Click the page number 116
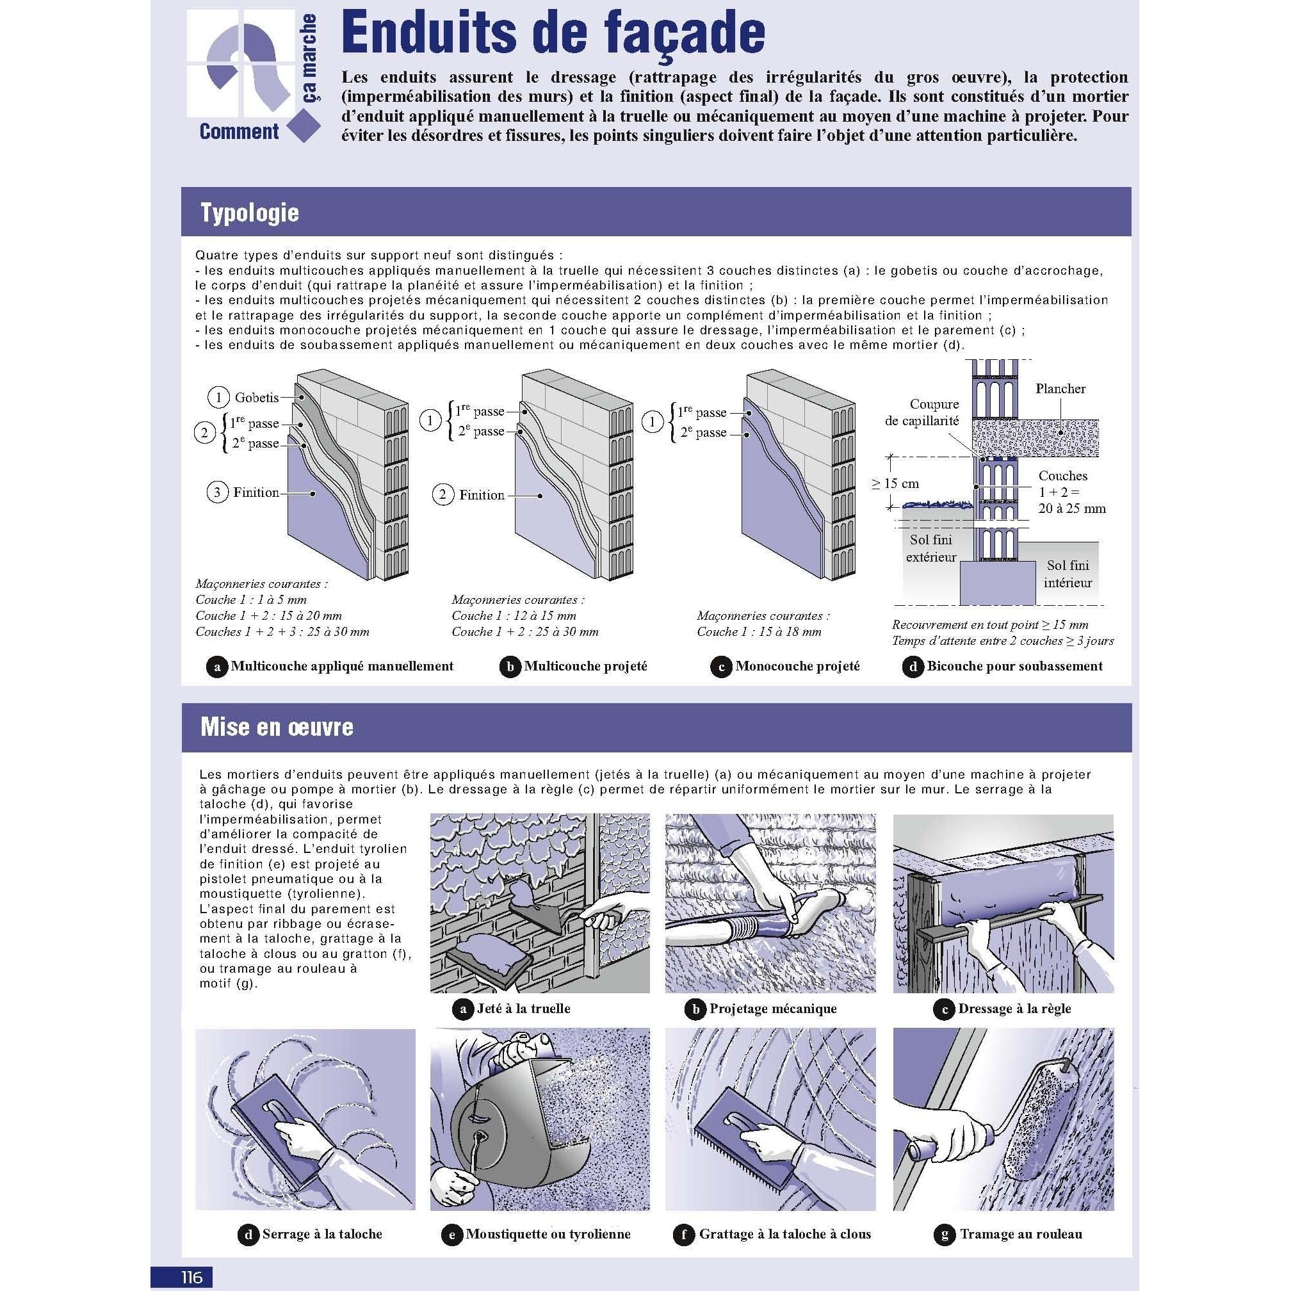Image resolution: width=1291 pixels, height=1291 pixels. point(191,1277)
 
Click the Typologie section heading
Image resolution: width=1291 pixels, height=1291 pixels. point(249,213)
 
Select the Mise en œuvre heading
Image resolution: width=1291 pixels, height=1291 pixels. point(277,727)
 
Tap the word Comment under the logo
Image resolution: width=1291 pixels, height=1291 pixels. point(239,131)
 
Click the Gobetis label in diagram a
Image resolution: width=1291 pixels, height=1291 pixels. point(257,398)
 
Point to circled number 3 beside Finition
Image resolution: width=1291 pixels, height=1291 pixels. point(216,493)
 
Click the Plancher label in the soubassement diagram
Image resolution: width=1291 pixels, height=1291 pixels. point(1060,388)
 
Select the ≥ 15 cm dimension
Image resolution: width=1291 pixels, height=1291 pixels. point(895,483)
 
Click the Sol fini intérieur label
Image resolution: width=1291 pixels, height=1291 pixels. point(1068,574)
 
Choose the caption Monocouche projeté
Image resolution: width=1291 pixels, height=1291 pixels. point(797,666)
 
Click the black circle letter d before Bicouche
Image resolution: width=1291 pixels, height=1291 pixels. point(913,667)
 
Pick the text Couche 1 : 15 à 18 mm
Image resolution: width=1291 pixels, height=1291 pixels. point(759,631)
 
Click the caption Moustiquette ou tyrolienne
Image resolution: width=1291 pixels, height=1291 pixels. point(548,1234)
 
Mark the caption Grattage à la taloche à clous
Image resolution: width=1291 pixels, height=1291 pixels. point(784,1234)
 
